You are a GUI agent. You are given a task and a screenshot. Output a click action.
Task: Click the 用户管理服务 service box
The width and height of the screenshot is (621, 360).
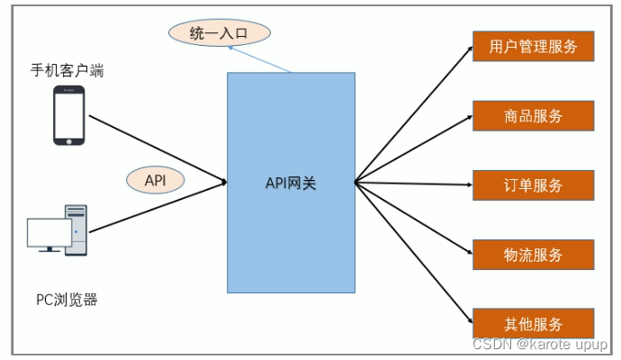[533, 46]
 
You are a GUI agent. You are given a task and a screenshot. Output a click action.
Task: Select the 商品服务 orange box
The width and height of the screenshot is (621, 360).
[533, 115]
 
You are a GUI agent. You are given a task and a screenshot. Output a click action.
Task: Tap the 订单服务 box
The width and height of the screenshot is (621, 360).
[533, 184]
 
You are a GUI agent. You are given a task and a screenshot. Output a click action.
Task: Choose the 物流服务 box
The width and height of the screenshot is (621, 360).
[533, 255]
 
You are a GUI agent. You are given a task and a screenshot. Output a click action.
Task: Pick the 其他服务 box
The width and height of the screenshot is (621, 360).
[533, 324]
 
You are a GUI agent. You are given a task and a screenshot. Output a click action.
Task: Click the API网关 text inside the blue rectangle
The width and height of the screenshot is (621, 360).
[291, 184]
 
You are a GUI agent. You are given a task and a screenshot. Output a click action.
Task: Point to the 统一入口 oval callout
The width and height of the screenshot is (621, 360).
[220, 34]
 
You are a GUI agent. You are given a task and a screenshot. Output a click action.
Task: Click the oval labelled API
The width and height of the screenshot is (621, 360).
[155, 179]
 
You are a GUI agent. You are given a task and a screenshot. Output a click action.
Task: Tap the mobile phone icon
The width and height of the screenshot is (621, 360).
[68, 115]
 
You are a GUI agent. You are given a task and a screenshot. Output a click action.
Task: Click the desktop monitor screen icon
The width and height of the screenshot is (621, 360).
[48, 234]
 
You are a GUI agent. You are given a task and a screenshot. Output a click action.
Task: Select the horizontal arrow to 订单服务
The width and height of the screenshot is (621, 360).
[414, 184]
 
